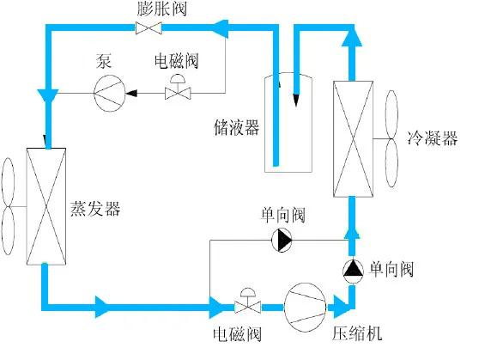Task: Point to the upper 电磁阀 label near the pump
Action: (x=178, y=62)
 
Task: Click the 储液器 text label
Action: (x=236, y=128)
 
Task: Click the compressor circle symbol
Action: (x=305, y=306)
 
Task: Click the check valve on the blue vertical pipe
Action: (x=352, y=269)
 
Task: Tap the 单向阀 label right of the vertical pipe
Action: (x=391, y=270)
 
